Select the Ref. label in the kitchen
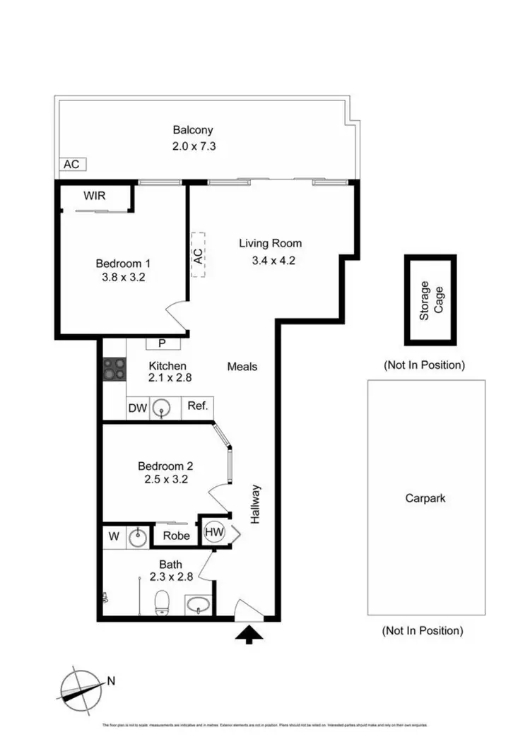click(x=198, y=406)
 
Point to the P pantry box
click(x=162, y=343)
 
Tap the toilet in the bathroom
click(x=162, y=603)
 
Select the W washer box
click(x=114, y=536)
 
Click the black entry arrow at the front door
click(x=249, y=635)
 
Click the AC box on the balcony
click(x=71, y=164)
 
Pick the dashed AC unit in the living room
click(x=199, y=254)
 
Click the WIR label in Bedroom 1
click(x=95, y=196)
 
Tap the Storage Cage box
click(x=430, y=300)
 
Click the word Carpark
click(x=425, y=498)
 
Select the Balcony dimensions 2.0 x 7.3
click(x=193, y=146)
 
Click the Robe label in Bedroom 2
click(x=176, y=536)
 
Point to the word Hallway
click(x=256, y=504)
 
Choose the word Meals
click(x=242, y=367)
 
